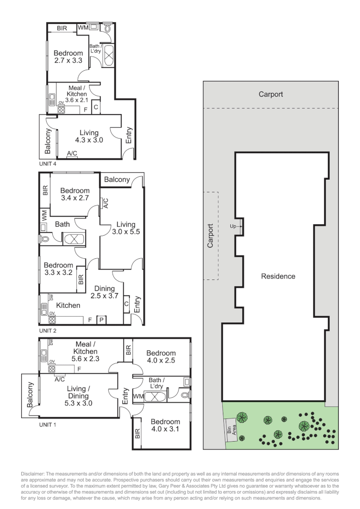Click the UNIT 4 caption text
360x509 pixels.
48,164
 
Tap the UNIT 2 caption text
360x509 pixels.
48,331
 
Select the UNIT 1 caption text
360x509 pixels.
48,424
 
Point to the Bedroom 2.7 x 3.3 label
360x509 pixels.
68,57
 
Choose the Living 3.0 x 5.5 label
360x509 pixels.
126,228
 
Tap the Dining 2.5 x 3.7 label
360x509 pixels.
105,292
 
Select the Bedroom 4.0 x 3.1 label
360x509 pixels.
165,425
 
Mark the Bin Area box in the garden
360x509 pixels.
230,429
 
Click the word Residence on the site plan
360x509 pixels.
278,276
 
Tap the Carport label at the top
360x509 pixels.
271,94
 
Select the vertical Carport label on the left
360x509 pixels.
211,236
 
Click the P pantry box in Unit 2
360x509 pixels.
101,320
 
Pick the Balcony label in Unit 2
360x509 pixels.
117,180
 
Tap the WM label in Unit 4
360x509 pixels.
83,28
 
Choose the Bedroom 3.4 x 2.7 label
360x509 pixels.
74,194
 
